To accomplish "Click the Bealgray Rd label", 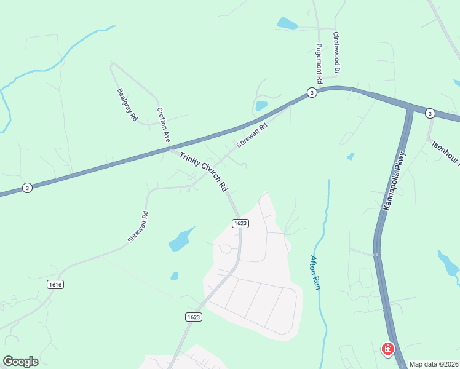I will tap(127, 104).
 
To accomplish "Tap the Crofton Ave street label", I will tap(163, 125).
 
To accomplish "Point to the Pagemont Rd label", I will tap(319, 63).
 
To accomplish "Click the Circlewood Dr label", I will tap(336, 54).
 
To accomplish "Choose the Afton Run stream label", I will tap(315, 272).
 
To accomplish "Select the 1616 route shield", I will tap(55, 284).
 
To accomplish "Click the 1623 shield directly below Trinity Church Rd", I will tap(240, 223).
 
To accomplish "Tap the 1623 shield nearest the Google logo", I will tap(193, 317).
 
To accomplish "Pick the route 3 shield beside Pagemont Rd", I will tap(312, 93).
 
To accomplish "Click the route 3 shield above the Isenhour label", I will tap(430, 113).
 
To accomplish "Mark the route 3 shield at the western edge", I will tap(27, 188).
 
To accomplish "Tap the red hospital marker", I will tap(388, 349).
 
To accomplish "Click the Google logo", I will tap(20, 362).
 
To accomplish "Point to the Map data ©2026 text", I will tap(434, 364).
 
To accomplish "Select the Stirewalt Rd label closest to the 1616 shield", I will tap(139, 228).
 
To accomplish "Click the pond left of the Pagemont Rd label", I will tap(287, 24).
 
